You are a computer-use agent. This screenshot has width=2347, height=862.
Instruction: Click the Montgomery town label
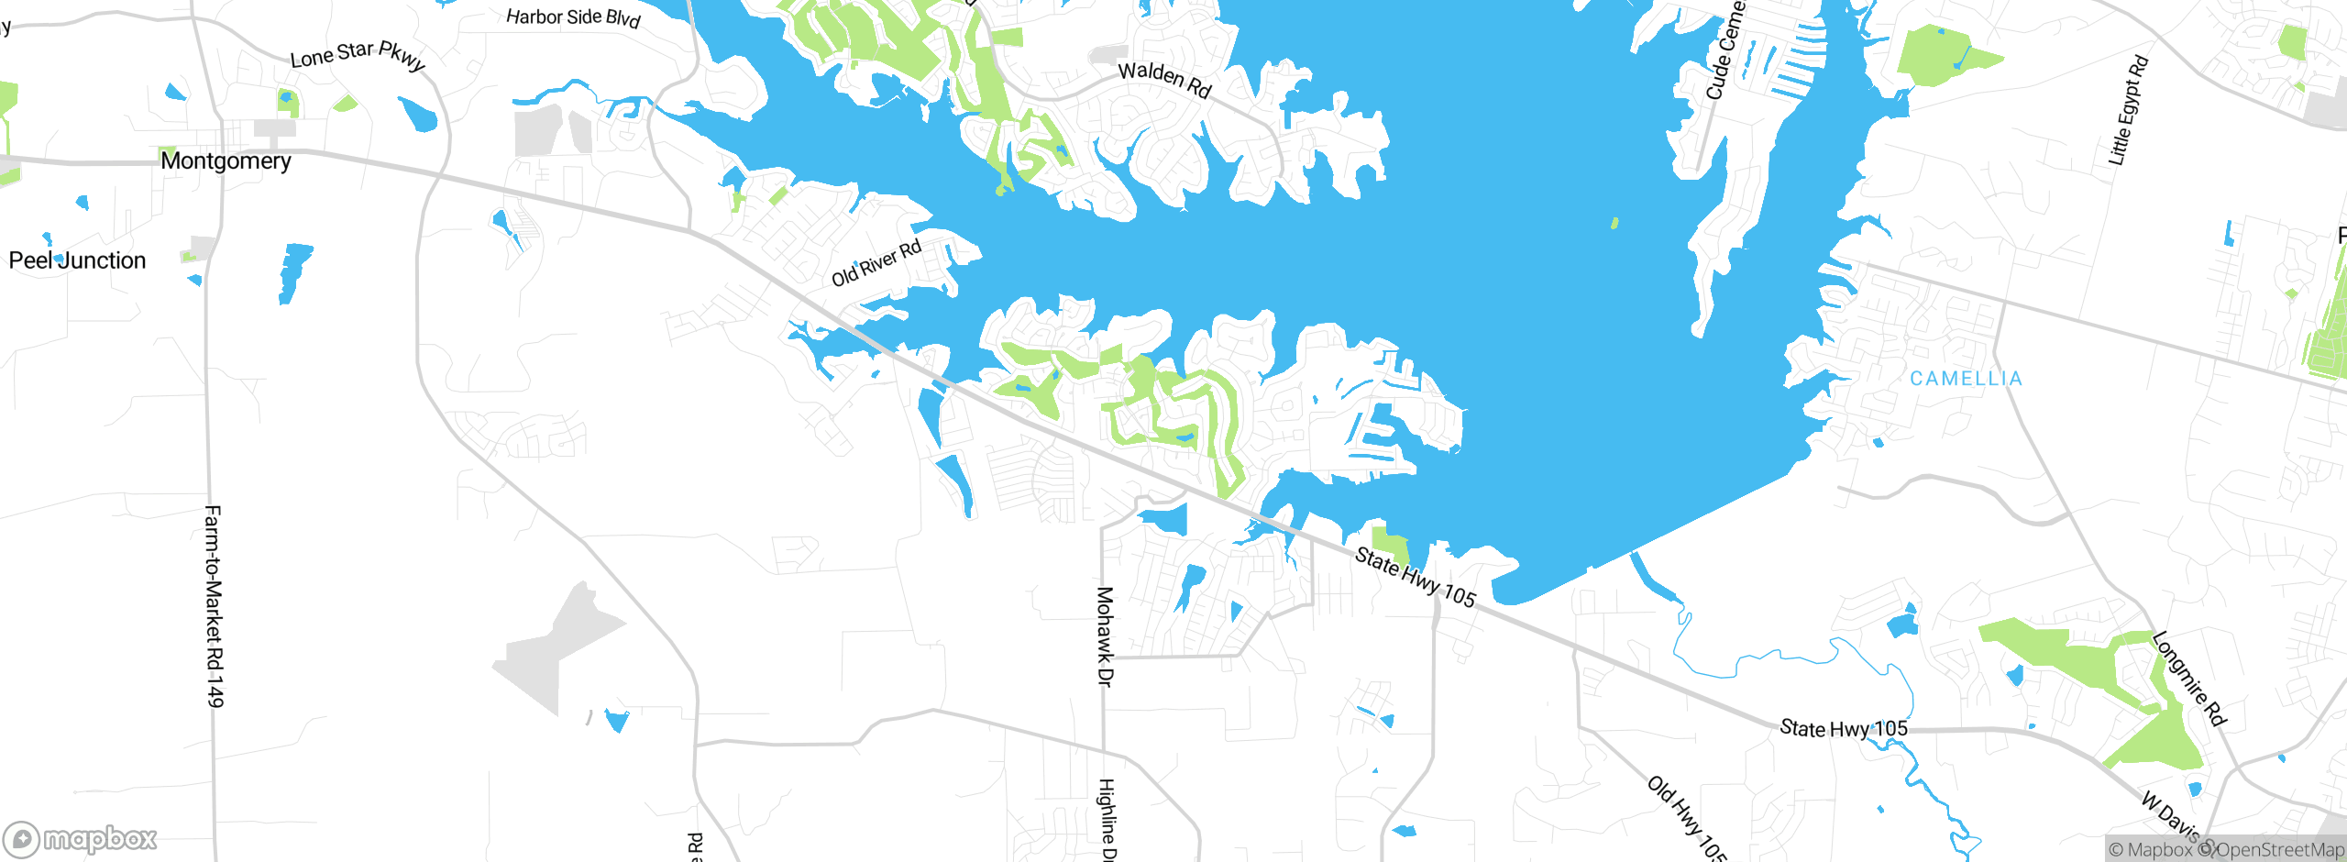pyautogui.click(x=226, y=161)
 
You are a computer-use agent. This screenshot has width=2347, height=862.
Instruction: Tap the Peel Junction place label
pyautogui.click(x=77, y=260)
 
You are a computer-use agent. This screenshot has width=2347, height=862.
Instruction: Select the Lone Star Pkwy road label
pyautogui.click(x=358, y=55)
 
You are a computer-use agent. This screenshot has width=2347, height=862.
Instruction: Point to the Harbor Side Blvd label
pyautogui.click(x=573, y=17)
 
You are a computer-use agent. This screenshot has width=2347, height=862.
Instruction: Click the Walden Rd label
pyautogui.click(x=1165, y=79)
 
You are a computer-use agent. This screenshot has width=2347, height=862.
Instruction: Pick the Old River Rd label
pyautogui.click(x=876, y=263)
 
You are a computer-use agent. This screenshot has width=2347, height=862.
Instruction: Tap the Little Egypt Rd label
pyautogui.click(x=2128, y=110)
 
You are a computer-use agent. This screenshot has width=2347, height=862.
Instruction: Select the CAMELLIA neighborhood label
pyautogui.click(x=1966, y=379)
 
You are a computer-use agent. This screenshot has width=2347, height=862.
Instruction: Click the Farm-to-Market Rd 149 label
pyautogui.click(x=213, y=605)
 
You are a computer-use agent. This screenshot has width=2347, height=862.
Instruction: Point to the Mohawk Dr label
pyautogui.click(x=1106, y=635)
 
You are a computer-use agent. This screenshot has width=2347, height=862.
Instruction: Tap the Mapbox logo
pyautogui.click(x=81, y=839)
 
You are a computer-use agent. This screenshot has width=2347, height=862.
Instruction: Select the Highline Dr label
pyautogui.click(x=1107, y=819)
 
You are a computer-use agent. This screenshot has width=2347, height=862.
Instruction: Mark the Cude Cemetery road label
pyautogui.click(x=1724, y=50)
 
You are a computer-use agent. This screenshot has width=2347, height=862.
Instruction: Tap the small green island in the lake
pyautogui.click(x=1614, y=223)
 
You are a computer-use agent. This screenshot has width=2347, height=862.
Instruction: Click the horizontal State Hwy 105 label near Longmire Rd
pyautogui.click(x=1843, y=729)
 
